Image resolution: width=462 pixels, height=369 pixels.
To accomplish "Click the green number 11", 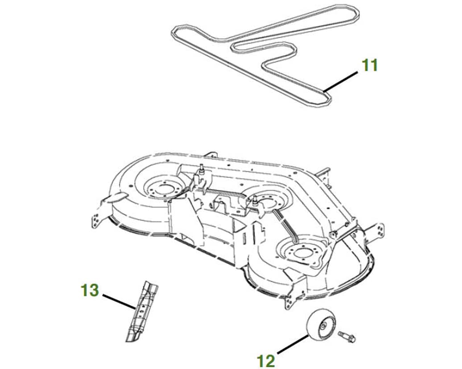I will [369, 66].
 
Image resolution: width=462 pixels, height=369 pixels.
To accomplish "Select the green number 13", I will [90, 291].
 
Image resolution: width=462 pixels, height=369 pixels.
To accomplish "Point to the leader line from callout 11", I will [342, 81].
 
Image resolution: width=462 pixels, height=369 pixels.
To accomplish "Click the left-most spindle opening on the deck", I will [163, 187].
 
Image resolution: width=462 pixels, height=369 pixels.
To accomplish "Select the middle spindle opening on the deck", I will [267, 202].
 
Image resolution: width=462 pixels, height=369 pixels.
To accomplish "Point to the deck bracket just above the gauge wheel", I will [292, 296].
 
